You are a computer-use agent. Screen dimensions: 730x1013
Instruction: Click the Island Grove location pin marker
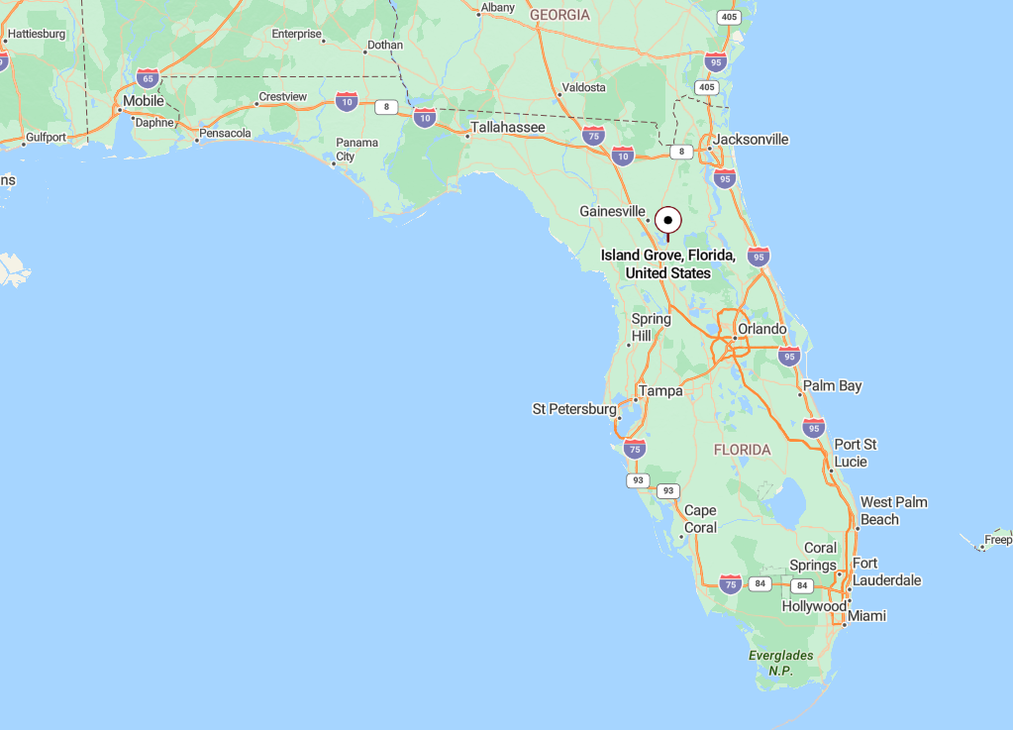[x=668, y=220]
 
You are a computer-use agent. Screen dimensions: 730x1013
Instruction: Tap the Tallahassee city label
[x=507, y=128]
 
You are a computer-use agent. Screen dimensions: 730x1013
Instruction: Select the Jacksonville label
[x=751, y=140]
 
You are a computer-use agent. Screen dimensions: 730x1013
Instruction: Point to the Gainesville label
[x=612, y=211]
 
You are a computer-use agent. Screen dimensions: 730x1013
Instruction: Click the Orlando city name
[x=761, y=329]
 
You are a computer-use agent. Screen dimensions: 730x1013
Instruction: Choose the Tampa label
[x=660, y=391]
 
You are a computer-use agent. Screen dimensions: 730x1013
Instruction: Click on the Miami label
[x=866, y=616]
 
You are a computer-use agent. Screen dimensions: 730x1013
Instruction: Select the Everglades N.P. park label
[x=780, y=663]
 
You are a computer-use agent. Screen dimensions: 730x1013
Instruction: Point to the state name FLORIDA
[x=742, y=450]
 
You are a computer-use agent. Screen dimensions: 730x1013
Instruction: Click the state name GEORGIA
[x=559, y=15]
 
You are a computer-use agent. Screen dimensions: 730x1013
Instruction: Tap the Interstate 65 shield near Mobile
[x=148, y=78]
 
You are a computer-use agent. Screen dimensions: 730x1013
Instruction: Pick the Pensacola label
[x=225, y=133]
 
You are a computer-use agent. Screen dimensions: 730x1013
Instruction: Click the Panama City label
[x=356, y=150]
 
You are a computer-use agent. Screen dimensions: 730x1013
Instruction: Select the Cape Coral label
[x=700, y=519]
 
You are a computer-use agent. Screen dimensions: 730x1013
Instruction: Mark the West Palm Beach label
[x=893, y=511]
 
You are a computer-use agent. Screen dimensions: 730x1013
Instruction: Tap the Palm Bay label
[x=832, y=385]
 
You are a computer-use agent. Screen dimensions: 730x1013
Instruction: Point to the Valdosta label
[x=583, y=87]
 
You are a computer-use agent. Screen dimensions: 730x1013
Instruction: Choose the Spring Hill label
[x=651, y=328]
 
